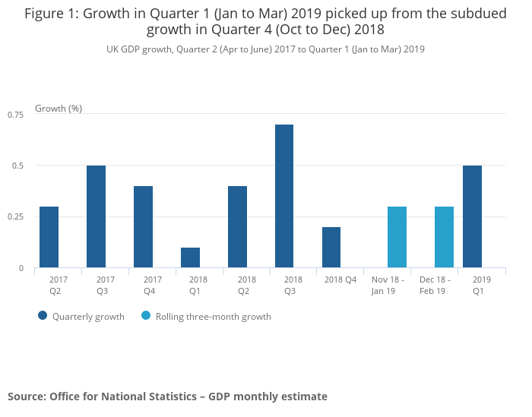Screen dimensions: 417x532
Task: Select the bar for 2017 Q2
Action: tap(49, 237)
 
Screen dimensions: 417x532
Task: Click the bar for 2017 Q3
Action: tap(96, 216)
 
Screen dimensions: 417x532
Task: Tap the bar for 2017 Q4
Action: tap(143, 226)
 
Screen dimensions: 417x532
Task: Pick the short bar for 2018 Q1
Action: tap(190, 257)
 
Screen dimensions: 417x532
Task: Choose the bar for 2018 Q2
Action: tap(237, 226)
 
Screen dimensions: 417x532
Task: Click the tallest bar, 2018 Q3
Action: tap(284, 196)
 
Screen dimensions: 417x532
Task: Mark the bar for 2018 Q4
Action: tap(331, 248)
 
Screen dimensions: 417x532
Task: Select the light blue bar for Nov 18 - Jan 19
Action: tap(397, 237)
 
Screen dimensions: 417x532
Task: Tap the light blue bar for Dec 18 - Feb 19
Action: tap(444, 237)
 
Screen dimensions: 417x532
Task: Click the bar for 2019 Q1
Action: tap(472, 216)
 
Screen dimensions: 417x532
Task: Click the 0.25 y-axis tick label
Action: tap(16, 216)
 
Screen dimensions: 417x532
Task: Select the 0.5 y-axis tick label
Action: tap(19, 166)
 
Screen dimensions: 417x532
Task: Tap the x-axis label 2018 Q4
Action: tap(340, 280)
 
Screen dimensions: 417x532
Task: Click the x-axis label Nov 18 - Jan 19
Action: tap(387, 285)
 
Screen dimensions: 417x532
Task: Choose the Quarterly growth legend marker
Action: tap(43, 316)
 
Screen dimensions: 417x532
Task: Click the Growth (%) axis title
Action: tap(59, 109)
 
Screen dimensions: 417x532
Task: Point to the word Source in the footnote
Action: tap(26, 396)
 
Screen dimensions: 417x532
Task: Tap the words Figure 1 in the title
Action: tap(49, 14)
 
